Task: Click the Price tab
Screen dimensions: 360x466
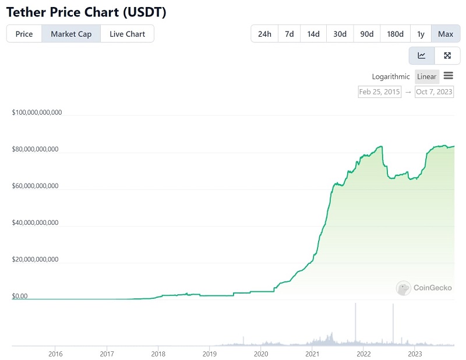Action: [x=24, y=34]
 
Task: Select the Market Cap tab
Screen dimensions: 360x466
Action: [x=71, y=34]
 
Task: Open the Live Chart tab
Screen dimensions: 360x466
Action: [x=127, y=34]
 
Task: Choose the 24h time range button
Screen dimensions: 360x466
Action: [x=264, y=34]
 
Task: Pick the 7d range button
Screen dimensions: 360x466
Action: [x=289, y=34]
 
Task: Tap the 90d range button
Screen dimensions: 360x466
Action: [x=367, y=34]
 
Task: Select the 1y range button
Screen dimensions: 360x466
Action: [x=421, y=34]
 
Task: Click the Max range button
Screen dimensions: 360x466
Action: [x=446, y=34]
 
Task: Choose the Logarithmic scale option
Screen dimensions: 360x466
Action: [x=391, y=76]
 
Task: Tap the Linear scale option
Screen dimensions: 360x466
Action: [x=426, y=76]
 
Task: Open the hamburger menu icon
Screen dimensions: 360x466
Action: [x=449, y=76]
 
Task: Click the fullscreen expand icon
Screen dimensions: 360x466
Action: [x=447, y=56]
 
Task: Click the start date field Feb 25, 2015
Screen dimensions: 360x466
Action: [x=379, y=91]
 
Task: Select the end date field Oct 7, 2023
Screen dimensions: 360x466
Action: [x=434, y=91]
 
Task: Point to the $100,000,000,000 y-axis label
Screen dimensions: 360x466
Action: [x=37, y=112]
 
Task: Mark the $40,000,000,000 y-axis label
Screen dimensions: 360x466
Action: [x=36, y=223]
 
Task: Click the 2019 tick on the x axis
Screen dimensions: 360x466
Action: [x=209, y=354]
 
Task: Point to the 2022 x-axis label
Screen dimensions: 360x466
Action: [x=363, y=354]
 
